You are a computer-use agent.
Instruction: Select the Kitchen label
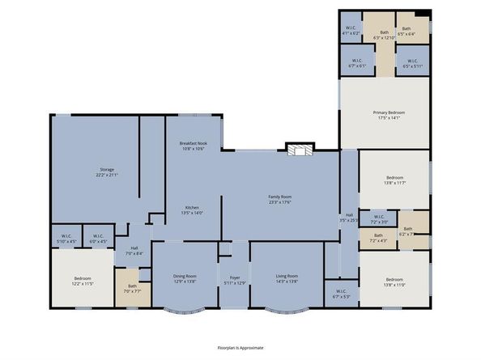tap(192, 208)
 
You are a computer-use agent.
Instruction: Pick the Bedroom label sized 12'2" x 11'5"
tap(83, 279)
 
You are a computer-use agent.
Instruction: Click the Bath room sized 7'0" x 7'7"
tap(132, 287)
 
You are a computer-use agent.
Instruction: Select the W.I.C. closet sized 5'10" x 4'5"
tap(66, 239)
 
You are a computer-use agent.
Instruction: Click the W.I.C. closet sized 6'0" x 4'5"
tap(98, 239)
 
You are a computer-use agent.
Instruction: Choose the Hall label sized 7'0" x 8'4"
tap(134, 249)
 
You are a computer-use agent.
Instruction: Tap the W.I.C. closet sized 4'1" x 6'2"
tap(351, 30)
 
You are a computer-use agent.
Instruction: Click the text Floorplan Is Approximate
tap(240, 347)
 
